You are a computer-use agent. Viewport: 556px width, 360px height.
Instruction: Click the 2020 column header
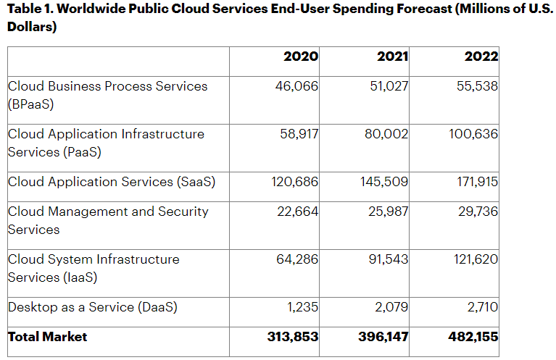pos(301,57)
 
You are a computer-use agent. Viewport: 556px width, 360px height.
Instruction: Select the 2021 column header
pos(392,57)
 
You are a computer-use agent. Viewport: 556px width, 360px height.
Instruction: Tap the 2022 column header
pos(482,57)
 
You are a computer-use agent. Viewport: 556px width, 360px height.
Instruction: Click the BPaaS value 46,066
pos(296,86)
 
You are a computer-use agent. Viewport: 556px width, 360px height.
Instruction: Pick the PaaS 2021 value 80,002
pos(386,134)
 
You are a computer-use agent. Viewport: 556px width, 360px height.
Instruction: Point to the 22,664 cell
pos(297,212)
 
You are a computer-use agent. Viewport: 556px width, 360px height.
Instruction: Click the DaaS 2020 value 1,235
pos(302,307)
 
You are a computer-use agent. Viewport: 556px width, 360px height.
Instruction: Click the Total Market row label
pos(48,337)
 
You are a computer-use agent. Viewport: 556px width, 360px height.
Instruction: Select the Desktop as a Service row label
pos(92,307)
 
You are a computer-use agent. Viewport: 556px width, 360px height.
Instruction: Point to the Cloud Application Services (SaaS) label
pos(112,182)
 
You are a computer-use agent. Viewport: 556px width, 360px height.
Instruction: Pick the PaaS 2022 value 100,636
pos(472,134)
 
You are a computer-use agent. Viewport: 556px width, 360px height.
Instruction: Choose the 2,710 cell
pos(482,307)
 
